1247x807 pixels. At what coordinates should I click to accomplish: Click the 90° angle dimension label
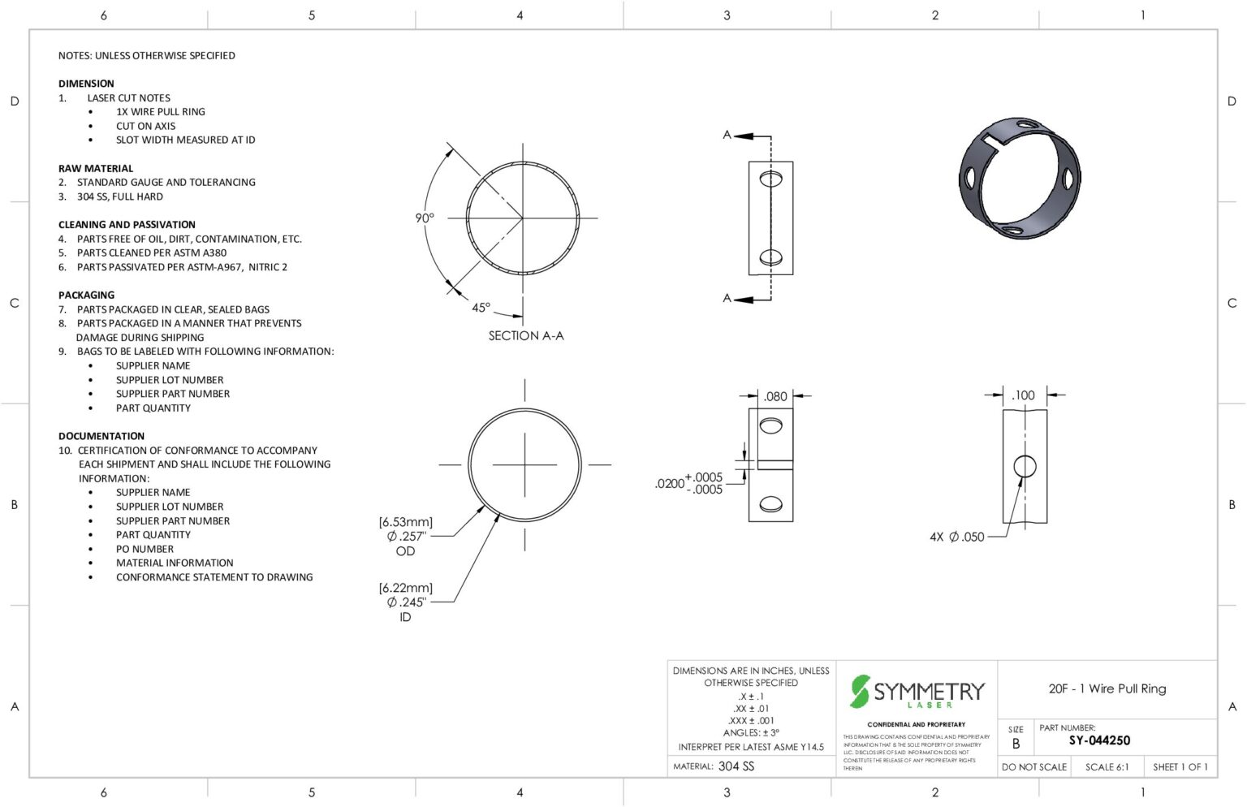click(x=425, y=218)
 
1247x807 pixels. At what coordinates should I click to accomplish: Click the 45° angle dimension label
click(x=481, y=308)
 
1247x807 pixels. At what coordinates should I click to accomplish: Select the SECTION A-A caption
click(x=525, y=335)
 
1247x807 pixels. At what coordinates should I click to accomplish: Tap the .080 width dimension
click(x=775, y=396)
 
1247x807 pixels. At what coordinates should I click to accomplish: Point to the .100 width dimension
click(x=1023, y=395)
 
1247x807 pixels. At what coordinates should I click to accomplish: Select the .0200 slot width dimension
click(x=670, y=483)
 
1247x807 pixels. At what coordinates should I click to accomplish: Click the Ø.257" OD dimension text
click(x=406, y=536)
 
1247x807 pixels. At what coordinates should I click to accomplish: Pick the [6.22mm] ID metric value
click(x=405, y=588)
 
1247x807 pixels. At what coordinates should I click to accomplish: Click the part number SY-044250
click(x=1099, y=740)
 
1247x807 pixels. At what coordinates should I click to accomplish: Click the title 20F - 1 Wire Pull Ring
click(x=1107, y=688)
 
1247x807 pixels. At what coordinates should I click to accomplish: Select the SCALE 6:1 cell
click(x=1107, y=766)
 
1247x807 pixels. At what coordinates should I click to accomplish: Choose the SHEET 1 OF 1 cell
click(x=1180, y=766)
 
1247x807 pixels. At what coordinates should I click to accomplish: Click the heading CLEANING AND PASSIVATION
click(x=127, y=224)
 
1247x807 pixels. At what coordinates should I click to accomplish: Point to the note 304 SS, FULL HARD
click(x=119, y=196)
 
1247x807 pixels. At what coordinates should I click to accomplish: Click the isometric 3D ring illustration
click(x=1019, y=178)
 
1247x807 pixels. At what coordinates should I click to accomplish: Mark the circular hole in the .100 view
click(x=1025, y=466)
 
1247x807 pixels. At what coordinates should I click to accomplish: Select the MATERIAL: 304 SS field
click(x=714, y=766)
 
